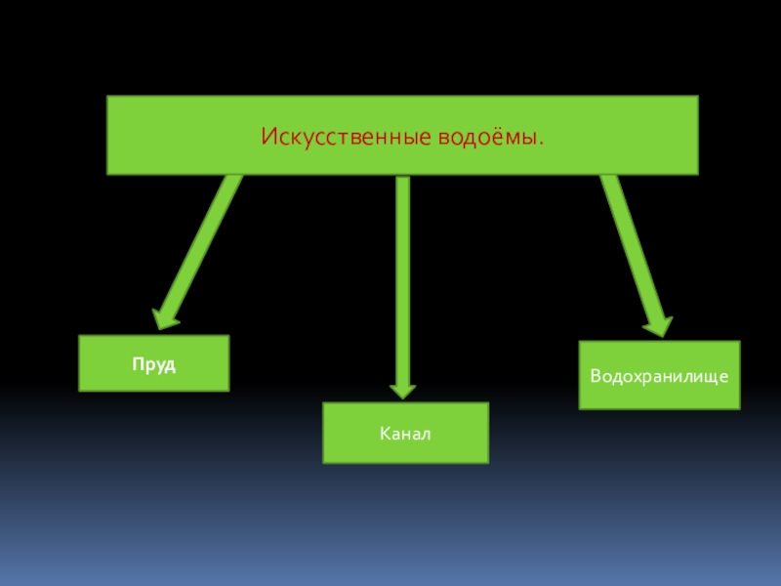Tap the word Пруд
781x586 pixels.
tap(154, 364)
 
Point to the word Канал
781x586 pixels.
tap(406, 433)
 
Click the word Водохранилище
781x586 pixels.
tap(660, 375)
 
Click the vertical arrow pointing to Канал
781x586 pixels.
tap(402, 283)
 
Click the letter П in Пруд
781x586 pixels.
tap(139, 364)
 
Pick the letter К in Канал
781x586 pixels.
tap(386, 433)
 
